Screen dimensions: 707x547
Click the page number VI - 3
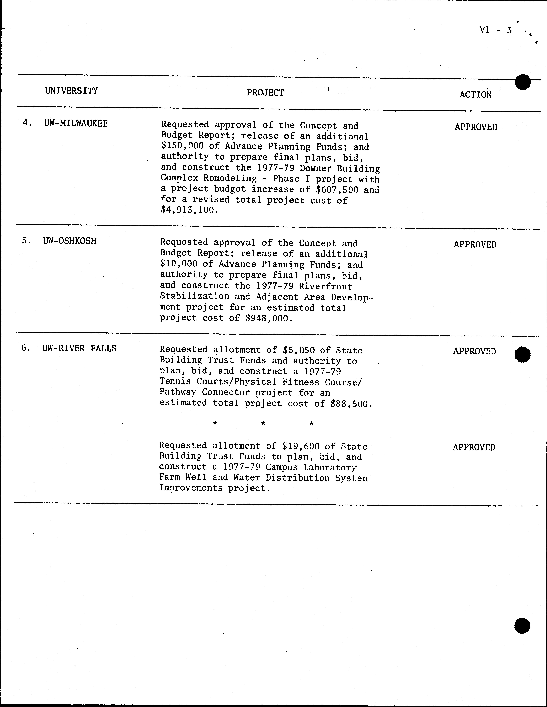pos(496,30)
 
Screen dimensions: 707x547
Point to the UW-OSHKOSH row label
pos(70,241)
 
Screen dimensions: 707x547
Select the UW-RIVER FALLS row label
pos(79,348)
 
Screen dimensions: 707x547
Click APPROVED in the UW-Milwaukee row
pos(476,127)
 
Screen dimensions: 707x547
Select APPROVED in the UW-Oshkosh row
pos(475,244)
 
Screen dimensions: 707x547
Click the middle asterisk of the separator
pos(263,423)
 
